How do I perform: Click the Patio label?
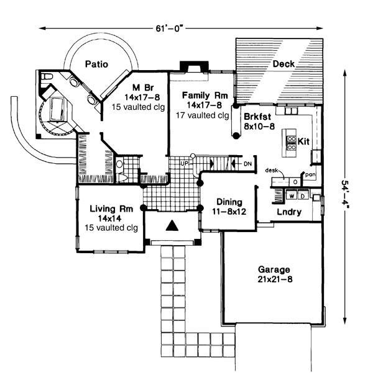97,63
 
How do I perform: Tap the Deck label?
283,63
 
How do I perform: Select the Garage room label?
274,270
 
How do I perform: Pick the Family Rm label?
205,96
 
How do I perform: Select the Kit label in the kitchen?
303,142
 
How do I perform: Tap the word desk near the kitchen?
270,169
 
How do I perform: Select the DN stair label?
248,164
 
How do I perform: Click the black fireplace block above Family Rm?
188,67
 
